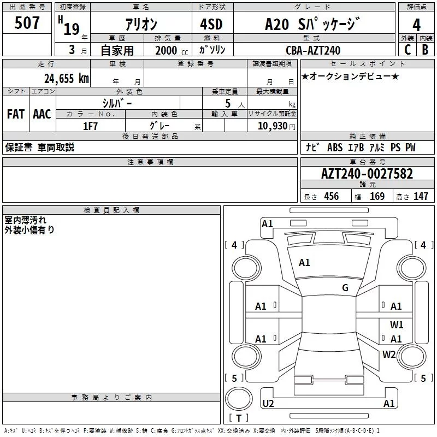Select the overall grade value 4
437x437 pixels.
click(x=416, y=25)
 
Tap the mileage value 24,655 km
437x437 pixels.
click(x=67, y=79)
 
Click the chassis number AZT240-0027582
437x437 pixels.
click(x=367, y=174)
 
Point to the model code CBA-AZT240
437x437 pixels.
click(x=313, y=50)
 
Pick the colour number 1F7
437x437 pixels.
click(x=90, y=126)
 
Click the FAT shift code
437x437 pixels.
click(x=15, y=114)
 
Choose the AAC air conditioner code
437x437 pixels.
click(x=42, y=114)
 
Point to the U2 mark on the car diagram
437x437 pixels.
click(x=268, y=404)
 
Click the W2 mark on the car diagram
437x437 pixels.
click(x=389, y=355)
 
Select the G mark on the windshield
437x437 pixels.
click(x=345, y=288)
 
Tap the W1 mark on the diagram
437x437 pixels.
click(x=397, y=324)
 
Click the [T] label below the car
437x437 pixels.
click(x=239, y=418)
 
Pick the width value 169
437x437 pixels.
click(x=377, y=197)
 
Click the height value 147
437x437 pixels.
click(x=421, y=197)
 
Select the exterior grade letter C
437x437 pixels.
click(x=407, y=50)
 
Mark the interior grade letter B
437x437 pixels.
click(x=425, y=50)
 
